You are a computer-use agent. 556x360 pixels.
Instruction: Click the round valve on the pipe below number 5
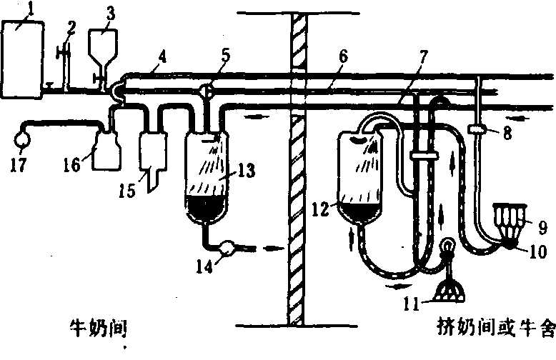click(204, 91)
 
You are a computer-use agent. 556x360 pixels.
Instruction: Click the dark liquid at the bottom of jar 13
click(207, 207)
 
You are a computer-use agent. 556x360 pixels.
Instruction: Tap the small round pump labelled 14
click(228, 249)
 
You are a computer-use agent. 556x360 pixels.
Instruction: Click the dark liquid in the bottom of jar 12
click(360, 212)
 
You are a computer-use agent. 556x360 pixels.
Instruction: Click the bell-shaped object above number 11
click(450, 286)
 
